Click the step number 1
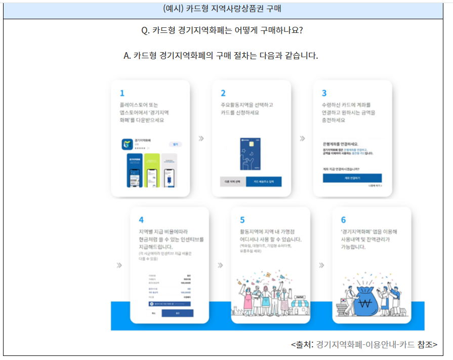(122, 93)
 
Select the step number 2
(223, 93)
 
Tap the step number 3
(324, 93)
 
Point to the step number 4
(141, 220)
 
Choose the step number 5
(242, 220)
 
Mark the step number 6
(343, 220)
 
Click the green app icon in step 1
(127, 144)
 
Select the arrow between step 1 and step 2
(201, 138)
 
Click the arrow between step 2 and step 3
(302, 138)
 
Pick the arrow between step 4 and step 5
(220, 265)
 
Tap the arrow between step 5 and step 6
(321, 265)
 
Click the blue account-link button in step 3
(352, 178)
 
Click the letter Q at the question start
(145, 30)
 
